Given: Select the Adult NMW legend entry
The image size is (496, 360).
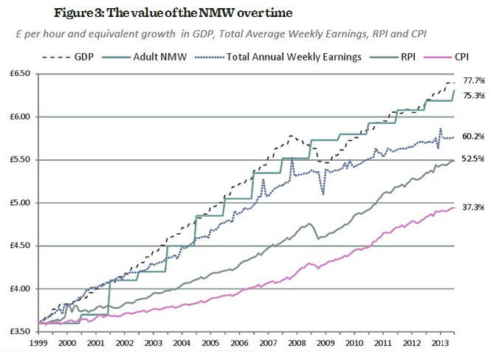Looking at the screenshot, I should pos(163,55).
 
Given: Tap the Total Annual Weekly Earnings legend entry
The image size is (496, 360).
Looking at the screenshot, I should pos(283,55).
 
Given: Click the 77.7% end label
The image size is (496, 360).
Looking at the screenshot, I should pos(474,79).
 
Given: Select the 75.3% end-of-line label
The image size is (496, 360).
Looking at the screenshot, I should pos(474,95).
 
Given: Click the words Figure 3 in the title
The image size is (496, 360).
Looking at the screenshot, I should pos(77,13).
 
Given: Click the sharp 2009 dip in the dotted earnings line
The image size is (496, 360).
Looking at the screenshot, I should pos(323,193).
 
